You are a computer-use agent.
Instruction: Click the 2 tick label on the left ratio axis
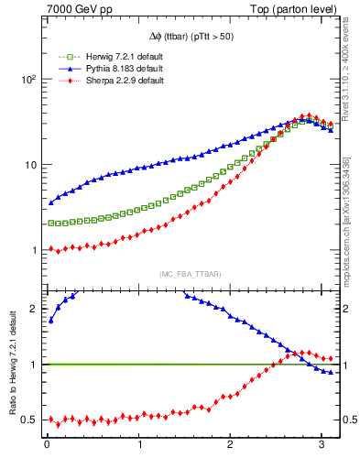tap(34, 309)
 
